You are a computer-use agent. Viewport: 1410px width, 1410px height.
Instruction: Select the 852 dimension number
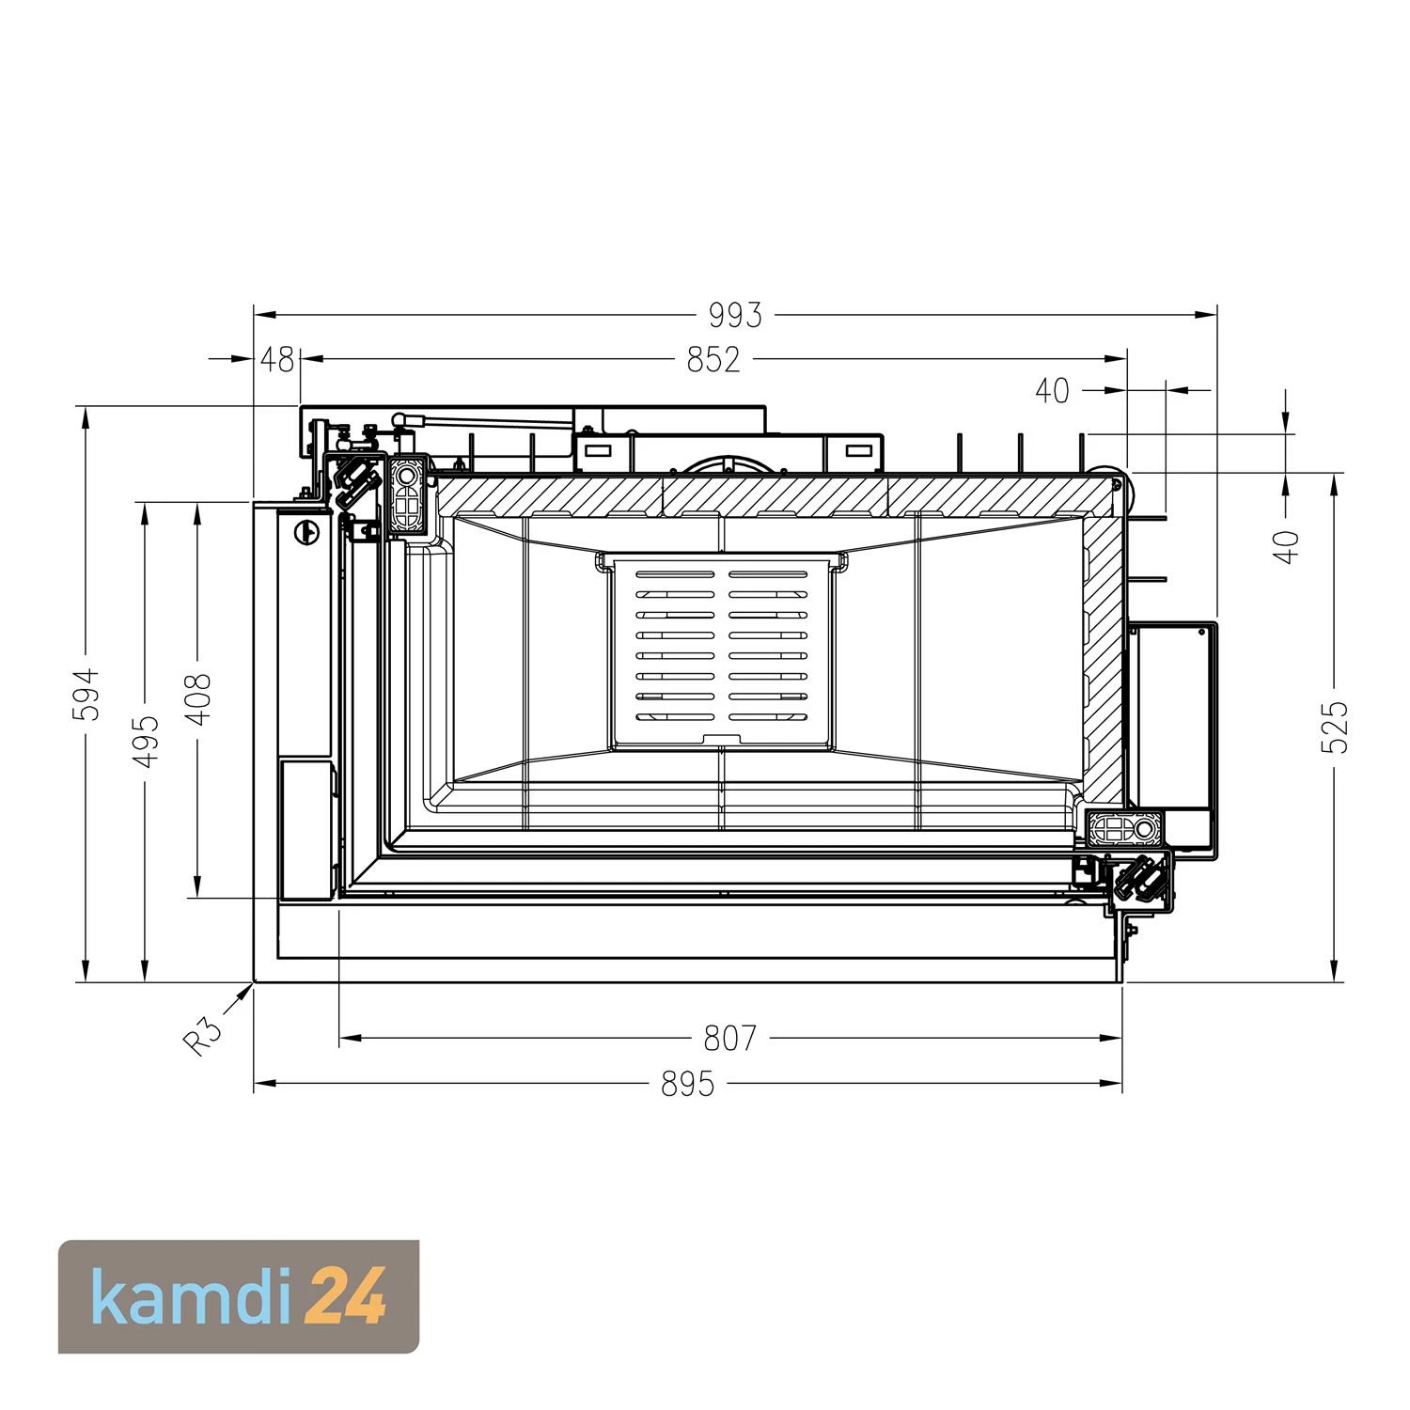(713, 360)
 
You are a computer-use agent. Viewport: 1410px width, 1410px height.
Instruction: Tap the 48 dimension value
(276, 360)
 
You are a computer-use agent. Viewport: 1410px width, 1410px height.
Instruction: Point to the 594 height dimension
(86, 694)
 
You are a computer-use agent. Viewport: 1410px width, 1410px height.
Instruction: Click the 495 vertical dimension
(146, 741)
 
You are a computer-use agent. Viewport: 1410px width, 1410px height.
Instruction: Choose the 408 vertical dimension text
(198, 698)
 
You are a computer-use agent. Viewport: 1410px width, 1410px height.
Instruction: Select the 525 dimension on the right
(1334, 727)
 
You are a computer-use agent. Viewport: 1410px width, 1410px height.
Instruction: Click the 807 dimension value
(729, 1039)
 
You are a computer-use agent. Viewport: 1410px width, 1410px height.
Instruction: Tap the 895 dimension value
(687, 1085)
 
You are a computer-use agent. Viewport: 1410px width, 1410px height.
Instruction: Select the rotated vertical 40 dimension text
(1287, 546)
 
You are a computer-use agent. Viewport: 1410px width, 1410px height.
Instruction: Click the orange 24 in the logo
(346, 1297)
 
